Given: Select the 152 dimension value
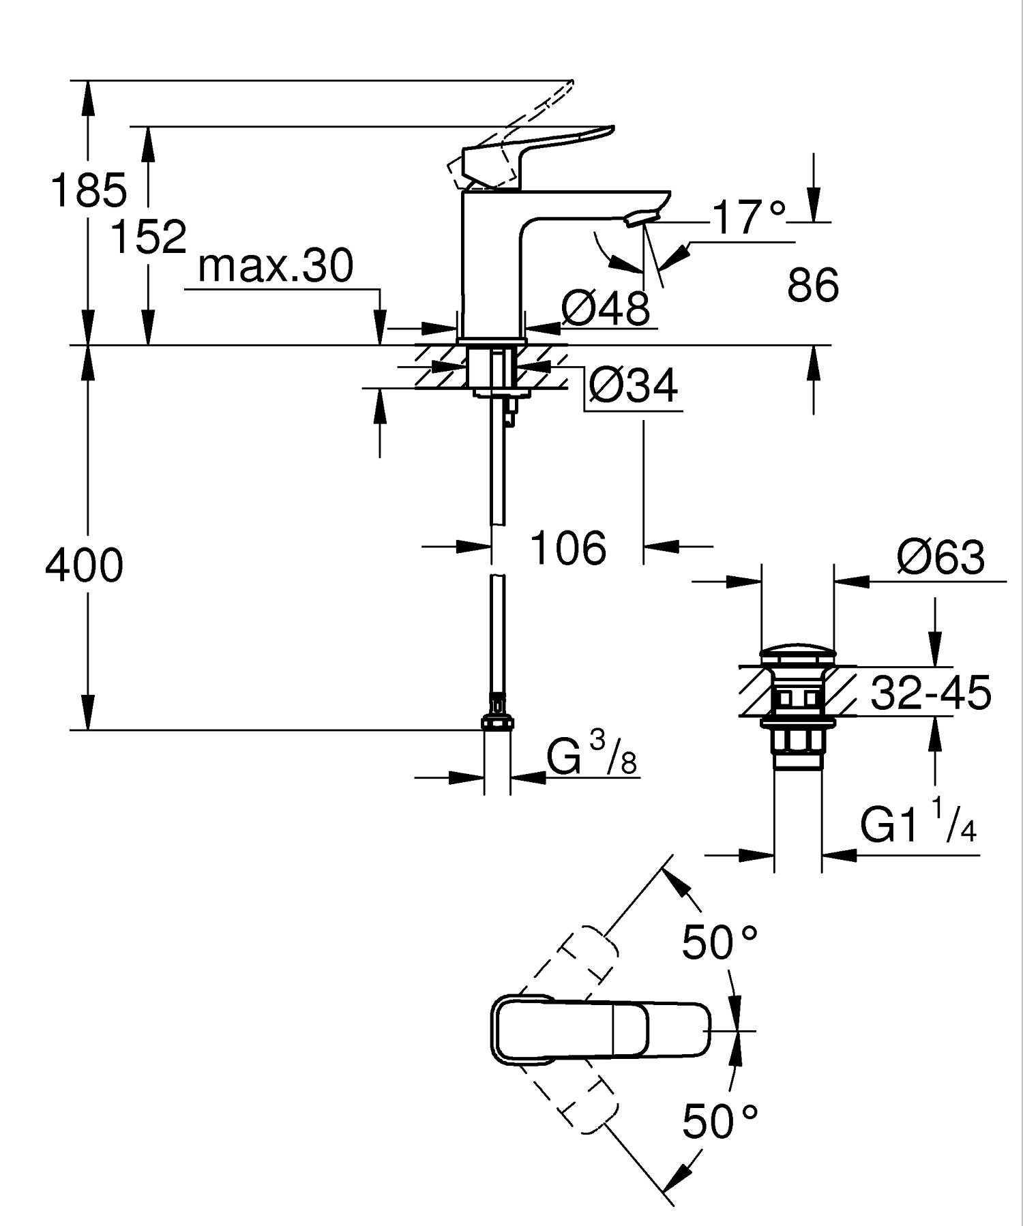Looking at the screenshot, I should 148,237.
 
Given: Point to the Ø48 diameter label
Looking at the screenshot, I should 606,308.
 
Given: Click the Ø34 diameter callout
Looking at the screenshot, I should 633,386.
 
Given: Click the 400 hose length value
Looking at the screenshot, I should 84,565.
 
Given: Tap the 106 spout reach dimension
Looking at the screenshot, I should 567,548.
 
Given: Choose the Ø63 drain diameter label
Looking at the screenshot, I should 940,557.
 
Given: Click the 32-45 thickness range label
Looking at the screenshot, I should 930,693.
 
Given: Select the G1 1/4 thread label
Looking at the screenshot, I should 917,824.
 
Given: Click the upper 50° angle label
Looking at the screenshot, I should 720,942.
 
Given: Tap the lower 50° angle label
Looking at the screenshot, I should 720,1122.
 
